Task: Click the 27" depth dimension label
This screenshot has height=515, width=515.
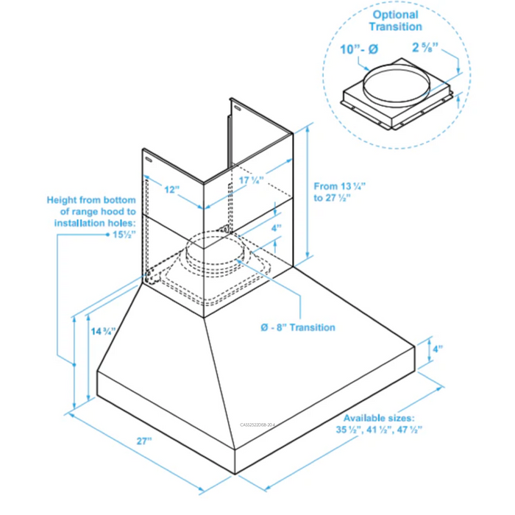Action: [x=143, y=441]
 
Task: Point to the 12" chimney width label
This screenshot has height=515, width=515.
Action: [x=171, y=189]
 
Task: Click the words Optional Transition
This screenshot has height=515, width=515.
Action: [x=396, y=21]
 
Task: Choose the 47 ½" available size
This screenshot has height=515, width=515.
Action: [x=408, y=429]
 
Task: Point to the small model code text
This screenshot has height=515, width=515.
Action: [x=262, y=425]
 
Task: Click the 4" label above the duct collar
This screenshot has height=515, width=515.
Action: [x=275, y=229]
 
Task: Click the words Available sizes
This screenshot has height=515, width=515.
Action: [x=378, y=417]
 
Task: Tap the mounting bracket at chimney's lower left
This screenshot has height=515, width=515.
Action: [x=150, y=277]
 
